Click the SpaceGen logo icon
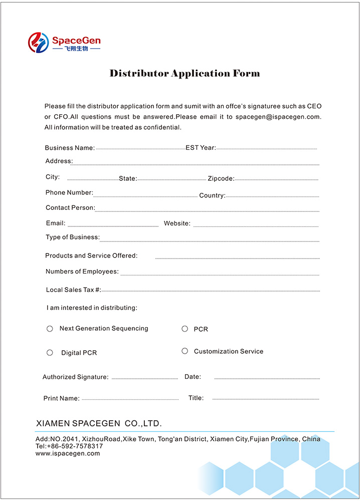pos(37,43)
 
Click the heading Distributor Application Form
pos(185,74)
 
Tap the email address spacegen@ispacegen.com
pos(278,117)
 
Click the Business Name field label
pos(70,148)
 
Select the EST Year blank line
pos(266,149)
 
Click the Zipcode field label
pos(221,179)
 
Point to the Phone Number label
pos(69,192)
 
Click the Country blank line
pos(272,197)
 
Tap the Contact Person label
pos(70,207)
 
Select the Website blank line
pos(256,226)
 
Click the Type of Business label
pos(73,237)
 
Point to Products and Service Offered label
pos(91,256)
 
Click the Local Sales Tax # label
pos(73,290)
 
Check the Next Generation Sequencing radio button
pos(50,329)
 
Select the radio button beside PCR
pos(185,329)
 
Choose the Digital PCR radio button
pos(50,353)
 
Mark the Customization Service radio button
pos(185,351)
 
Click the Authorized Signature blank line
pos(144,378)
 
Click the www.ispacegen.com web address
pos(68,453)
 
